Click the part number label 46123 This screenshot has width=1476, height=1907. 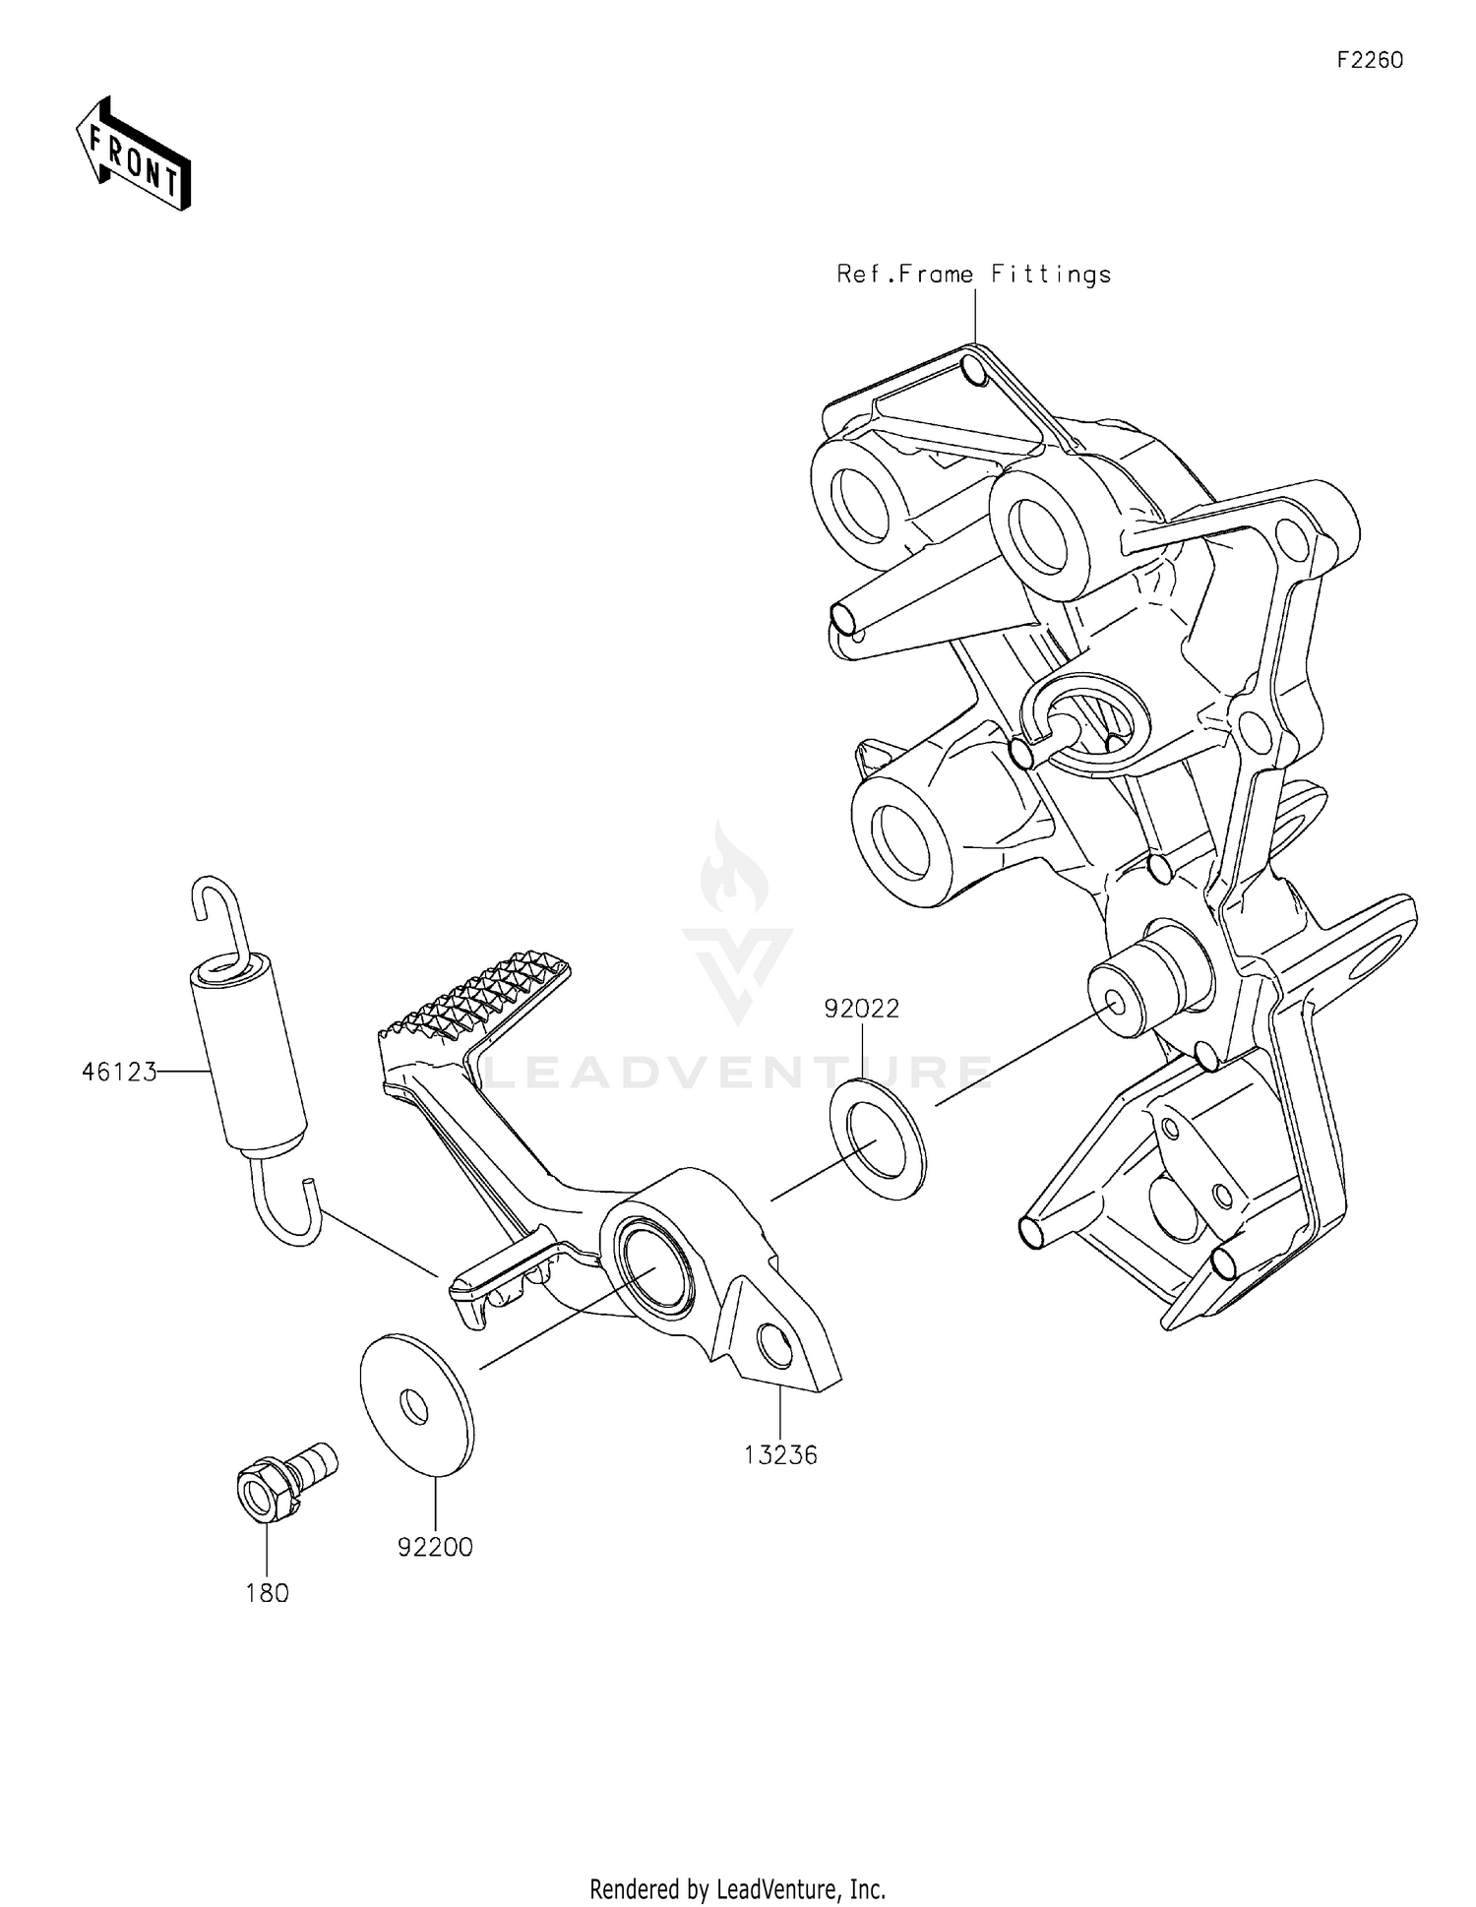tap(119, 1072)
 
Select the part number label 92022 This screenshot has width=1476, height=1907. tap(862, 1009)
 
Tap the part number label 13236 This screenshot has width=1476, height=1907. tap(780, 1454)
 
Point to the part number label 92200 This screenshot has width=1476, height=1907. tap(435, 1547)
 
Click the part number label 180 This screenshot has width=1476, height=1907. tap(267, 1592)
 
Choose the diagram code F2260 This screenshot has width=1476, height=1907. tap(1370, 60)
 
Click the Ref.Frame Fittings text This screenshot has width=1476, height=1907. tap(973, 275)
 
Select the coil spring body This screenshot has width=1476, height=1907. tap(247, 1059)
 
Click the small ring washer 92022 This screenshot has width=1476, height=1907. tap(878, 1137)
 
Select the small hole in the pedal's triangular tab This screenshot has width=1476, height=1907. tap(775, 1348)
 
